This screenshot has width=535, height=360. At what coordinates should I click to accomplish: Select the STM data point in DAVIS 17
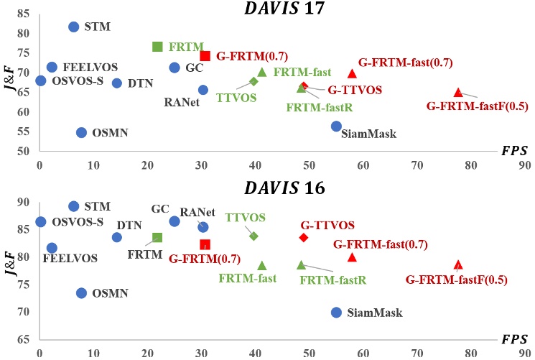(73, 27)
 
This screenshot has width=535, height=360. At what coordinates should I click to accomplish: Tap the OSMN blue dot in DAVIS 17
(81, 132)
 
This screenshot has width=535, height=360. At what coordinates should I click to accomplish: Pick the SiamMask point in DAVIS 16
(336, 313)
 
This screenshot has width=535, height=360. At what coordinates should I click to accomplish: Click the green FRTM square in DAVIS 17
(157, 47)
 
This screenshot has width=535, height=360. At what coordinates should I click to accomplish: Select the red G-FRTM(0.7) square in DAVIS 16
(205, 245)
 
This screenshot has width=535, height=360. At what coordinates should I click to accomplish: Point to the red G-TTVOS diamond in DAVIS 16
(304, 237)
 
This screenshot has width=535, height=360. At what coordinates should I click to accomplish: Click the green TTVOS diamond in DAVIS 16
(253, 236)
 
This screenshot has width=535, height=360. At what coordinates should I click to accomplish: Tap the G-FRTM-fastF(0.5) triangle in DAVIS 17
(458, 92)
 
